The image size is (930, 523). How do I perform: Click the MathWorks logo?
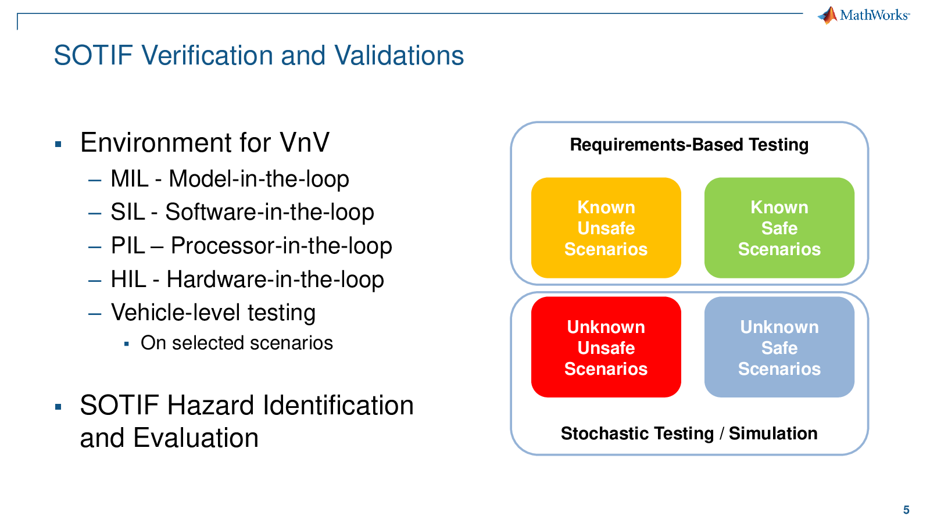click(864, 15)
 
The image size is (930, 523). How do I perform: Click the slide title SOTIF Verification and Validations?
click(259, 55)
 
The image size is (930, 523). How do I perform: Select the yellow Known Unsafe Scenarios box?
click(606, 228)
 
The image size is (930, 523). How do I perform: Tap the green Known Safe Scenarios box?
click(779, 228)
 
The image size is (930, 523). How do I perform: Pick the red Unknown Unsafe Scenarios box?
click(606, 348)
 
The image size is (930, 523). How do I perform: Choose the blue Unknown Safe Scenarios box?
click(779, 348)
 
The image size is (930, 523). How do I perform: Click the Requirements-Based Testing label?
click(689, 145)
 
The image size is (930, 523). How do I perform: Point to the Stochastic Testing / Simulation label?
click(689, 434)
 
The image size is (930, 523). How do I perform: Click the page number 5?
click(906, 510)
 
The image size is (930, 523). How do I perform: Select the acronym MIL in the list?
click(130, 179)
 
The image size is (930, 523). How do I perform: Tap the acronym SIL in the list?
click(128, 212)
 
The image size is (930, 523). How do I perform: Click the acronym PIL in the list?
click(128, 246)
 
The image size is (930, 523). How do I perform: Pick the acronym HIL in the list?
click(128, 280)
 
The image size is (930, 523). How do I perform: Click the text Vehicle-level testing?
click(213, 313)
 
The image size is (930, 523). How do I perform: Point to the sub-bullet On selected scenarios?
click(237, 343)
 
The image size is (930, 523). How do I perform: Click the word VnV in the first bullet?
click(305, 142)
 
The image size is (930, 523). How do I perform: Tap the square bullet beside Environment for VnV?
click(58, 145)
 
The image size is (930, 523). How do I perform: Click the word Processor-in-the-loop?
click(281, 246)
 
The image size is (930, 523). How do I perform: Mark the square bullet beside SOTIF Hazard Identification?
click(58, 407)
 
